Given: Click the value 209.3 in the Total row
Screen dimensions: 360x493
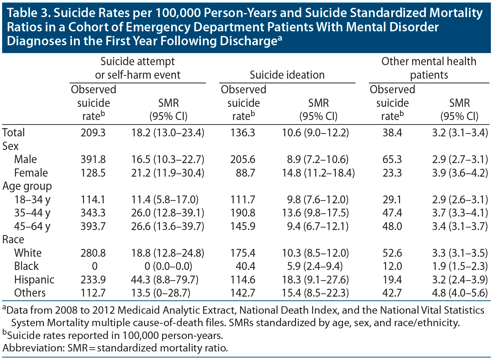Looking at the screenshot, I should (93, 133).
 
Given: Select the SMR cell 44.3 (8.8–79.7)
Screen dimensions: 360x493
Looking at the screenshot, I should (168, 280).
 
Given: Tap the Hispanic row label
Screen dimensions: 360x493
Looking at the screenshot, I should (34, 280).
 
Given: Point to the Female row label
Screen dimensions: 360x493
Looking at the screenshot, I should (31, 173).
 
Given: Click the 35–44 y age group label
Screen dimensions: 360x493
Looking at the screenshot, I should (32, 213).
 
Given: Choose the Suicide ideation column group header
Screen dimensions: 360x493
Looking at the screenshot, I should (287, 75).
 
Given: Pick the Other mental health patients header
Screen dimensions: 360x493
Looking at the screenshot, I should (429, 68).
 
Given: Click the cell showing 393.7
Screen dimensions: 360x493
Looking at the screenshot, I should (93, 226).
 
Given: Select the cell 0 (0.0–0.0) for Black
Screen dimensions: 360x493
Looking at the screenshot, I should (167, 266).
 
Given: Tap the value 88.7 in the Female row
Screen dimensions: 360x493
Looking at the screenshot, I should (245, 173).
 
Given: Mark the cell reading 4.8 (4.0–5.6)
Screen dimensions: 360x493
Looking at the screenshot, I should (460, 293).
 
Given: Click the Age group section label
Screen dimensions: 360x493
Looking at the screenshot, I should (27, 186).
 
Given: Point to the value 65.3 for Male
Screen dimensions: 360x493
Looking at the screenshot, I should (392, 159).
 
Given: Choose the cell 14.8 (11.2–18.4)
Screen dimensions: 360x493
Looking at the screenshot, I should (318, 173).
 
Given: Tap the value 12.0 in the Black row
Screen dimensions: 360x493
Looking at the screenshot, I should (392, 266).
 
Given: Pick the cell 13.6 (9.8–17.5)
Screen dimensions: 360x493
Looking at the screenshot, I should (315, 213).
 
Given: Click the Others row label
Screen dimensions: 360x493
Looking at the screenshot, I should (30, 293).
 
